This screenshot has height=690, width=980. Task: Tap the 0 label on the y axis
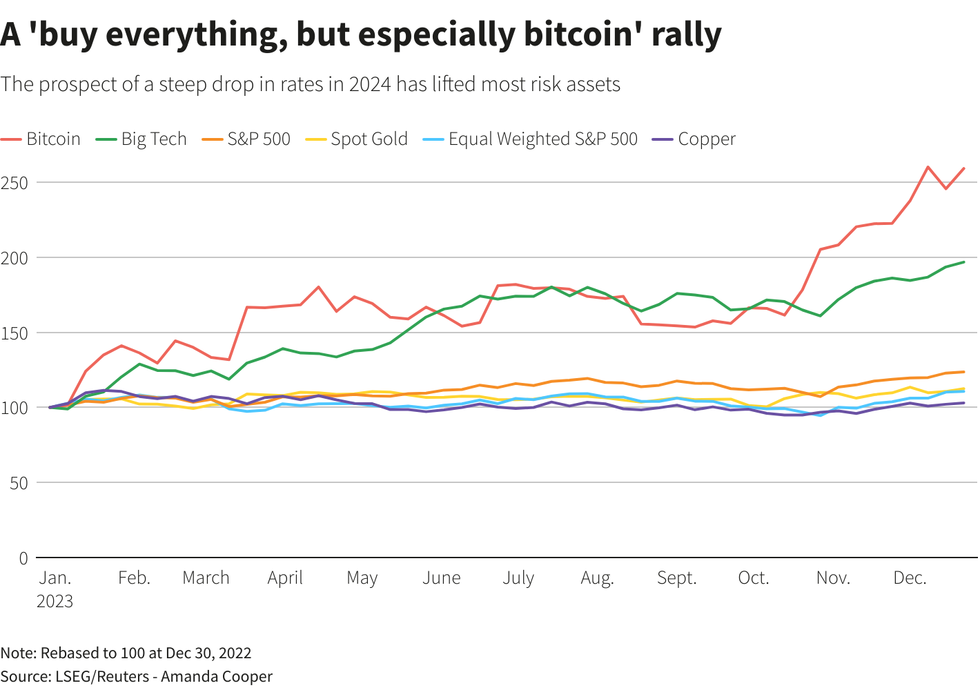click(23, 558)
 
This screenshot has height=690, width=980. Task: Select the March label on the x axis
click(206, 578)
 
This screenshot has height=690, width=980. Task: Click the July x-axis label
click(518, 578)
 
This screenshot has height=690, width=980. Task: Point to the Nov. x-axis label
click(833, 578)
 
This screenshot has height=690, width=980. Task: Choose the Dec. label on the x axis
click(910, 578)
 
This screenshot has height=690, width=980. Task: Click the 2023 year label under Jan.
click(55, 602)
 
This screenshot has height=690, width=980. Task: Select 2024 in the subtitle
click(370, 84)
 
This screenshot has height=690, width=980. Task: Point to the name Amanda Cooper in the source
click(217, 676)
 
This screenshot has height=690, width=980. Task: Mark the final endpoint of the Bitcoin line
click(963, 168)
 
